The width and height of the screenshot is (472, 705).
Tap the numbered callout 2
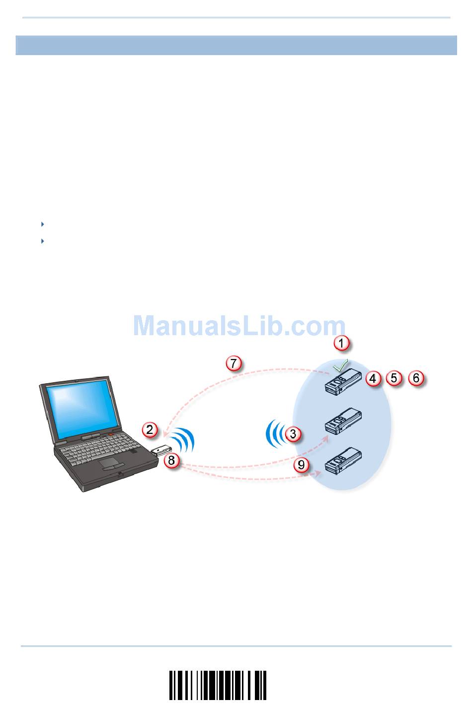[x=151, y=429]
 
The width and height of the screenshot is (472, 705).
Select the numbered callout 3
[x=293, y=433]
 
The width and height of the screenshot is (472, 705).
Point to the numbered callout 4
[x=373, y=378]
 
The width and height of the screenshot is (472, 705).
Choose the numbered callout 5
[x=394, y=378]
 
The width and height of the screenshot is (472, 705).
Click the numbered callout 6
[x=416, y=378]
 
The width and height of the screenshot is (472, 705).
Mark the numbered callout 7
[x=234, y=363]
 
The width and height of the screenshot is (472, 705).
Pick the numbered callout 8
[x=171, y=460]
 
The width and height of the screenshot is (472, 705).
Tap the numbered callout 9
[x=301, y=465]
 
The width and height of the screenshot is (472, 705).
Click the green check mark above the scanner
[x=340, y=367]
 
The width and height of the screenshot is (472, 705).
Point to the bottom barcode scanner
[x=343, y=461]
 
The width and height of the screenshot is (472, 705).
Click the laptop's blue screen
[x=79, y=407]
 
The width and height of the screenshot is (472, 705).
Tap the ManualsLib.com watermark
[x=239, y=326]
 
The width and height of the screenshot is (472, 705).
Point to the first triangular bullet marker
[x=42, y=224]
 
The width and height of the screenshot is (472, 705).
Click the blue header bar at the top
[x=236, y=45]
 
